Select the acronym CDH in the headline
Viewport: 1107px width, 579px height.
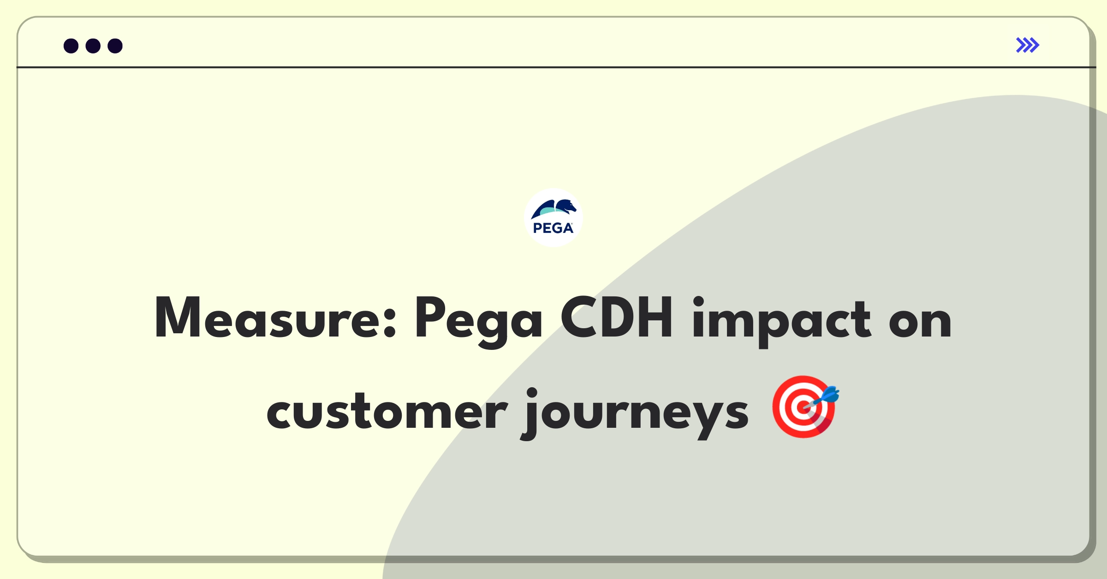pos(617,318)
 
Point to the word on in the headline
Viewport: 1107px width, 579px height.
pos(920,322)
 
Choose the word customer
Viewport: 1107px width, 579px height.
pos(387,411)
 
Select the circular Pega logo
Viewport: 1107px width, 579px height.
pos(553,218)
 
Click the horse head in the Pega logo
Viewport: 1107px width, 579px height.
pos(566,207)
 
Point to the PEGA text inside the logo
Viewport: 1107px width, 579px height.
pos(553,228)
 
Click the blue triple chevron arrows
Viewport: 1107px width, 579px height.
pos(1028,45)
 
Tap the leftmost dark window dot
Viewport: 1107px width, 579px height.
pos(71,46)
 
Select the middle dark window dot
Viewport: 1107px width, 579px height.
pos(93,46)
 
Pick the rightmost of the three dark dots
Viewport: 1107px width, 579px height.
pos(115,46)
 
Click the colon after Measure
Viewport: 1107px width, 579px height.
pos(390,323)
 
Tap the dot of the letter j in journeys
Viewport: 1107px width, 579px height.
pos(532,393)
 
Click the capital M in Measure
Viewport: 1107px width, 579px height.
pos(178,318)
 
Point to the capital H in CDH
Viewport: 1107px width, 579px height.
pos(655,318)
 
